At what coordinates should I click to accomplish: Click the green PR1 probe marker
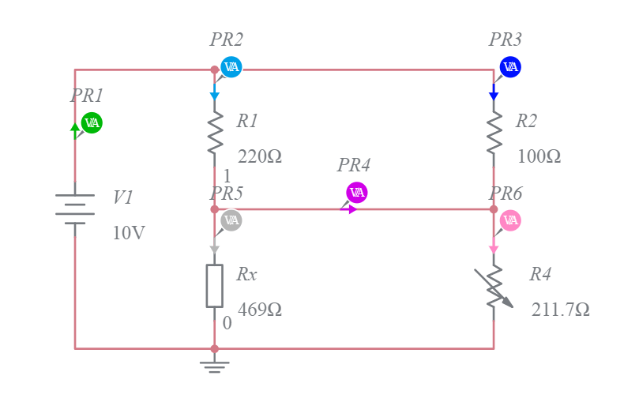(x=92, y=122)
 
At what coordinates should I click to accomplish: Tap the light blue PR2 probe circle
(x=231, y=67)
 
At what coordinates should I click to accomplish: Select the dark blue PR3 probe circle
(x=510, y=67)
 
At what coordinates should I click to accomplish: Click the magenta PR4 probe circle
(x=357, y=192)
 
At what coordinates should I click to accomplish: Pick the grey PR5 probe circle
(x=231, y=220)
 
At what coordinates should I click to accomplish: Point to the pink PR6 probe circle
(x=510, y=220)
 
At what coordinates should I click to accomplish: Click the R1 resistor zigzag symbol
(x=215, y=133)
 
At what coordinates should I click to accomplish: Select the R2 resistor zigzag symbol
(x=494, y=133)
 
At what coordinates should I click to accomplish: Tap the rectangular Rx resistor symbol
(x=215, y=285)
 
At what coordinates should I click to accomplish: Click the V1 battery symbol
(x=75, y=209)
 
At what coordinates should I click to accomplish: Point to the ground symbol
(x=215, y=365)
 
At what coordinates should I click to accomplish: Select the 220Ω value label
(x=259, y=156)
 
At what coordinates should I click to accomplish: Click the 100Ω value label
(x=539, y=156)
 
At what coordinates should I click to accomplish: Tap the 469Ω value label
(x=259, y=310)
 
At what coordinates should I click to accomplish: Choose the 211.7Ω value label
(x=560, y=310)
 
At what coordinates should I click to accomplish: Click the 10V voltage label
(x=129, y=233)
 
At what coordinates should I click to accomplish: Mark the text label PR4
(x=353, y=165)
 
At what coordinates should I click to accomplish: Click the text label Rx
(x=246, y=274)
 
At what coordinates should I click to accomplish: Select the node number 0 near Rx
(x=227, y=323)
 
